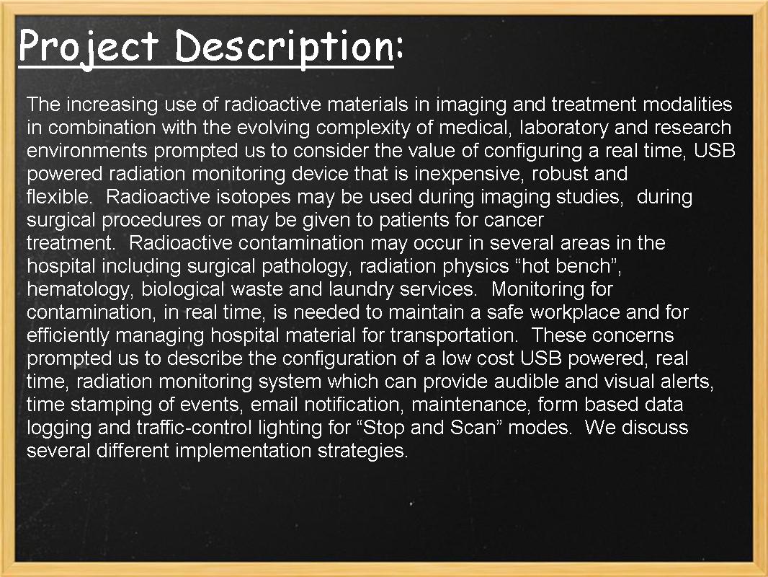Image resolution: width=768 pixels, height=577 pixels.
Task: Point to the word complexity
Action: [x=374, y=128]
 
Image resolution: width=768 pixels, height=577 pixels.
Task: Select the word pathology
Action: [x=303, y=266]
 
